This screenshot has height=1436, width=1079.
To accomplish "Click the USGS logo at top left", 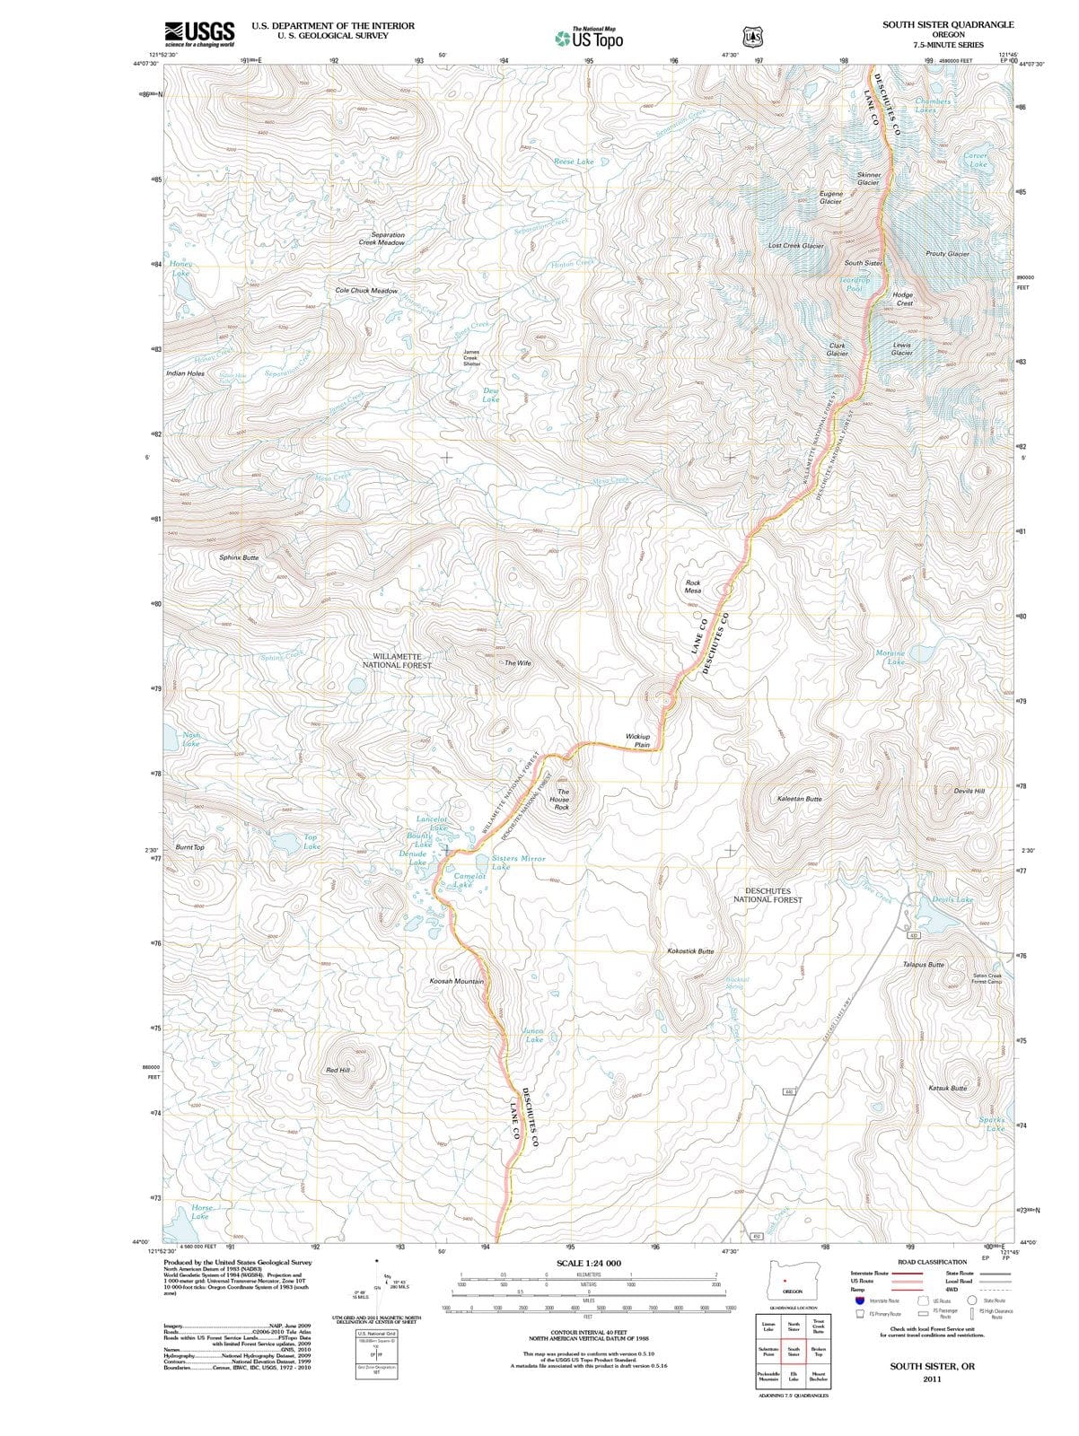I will (x=199, y=33).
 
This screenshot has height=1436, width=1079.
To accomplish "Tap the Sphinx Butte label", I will (x=239, y=557).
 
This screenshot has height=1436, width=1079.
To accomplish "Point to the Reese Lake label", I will (x=574, y=162).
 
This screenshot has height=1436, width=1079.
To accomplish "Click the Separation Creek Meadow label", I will (x=382, y=239).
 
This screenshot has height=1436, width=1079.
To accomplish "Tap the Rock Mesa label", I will (x=693, y=587).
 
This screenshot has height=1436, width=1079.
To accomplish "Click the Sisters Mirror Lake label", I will (x=518, y=862).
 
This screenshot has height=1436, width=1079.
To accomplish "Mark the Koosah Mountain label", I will (x=457, y=981).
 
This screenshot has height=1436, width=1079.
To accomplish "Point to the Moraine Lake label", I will (x=890, y=657).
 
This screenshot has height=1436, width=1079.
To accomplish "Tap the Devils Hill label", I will (x=969, y=791).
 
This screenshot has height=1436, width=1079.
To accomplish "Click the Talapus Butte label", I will (x=923, y=964).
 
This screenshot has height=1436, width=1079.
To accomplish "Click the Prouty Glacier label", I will (x=947, y=254).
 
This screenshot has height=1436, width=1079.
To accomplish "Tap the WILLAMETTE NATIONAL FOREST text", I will (x=397, y=661).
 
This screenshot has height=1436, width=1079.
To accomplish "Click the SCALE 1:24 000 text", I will (x=588, y=1263).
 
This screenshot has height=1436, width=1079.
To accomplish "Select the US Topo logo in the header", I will (x=589, y=38).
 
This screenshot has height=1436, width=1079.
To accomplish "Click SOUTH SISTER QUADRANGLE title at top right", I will (x=948, y=25).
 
